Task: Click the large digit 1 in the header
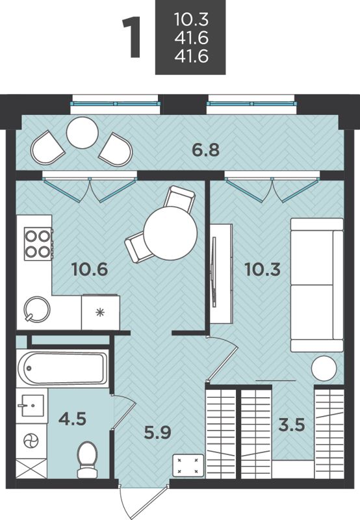pos(133,38)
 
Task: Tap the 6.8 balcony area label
pos(206,150)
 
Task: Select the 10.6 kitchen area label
pos(90,269)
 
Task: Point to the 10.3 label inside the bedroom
pos(263,269)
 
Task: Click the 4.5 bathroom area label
pos(72,419)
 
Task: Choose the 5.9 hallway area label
pos(157,432)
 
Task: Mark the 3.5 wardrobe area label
pos(291,425)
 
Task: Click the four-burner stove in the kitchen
pos(38,244)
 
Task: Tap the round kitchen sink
pos(37,309)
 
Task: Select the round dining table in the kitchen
pos(170,233)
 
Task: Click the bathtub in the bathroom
pos(62,368)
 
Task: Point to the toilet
pos(87,460)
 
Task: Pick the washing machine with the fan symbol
pos(31,441)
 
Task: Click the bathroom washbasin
pos(32,405)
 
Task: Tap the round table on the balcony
pos(83,133)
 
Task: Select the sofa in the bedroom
pos(317,285)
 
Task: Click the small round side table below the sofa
pos(324,369)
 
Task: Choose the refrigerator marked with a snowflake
pos(101,312)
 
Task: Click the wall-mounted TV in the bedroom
pos(214,272)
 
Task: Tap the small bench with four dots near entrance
pos(188,465)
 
